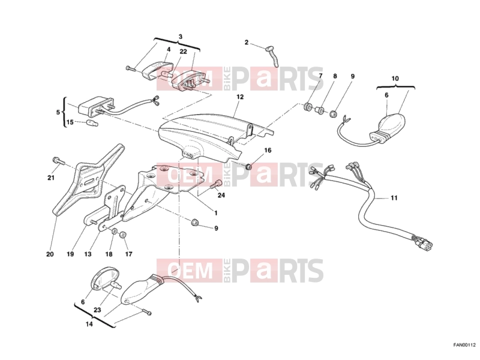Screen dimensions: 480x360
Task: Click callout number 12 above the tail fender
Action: coord(240,97)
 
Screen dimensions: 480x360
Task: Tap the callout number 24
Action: coord(221,194)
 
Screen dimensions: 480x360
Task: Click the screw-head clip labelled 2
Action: coord(272,56)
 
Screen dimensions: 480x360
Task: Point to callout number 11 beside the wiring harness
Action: coord(394,198)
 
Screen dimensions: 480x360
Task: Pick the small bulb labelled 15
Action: coord(92,124)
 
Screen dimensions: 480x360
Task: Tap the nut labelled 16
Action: coord(249,167)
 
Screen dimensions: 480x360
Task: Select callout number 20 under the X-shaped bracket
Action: coord(50,254)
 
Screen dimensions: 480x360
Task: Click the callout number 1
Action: coord(216,213)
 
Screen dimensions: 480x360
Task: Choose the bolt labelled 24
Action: coord(217,184)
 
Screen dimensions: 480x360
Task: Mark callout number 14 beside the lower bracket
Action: coord(89,324)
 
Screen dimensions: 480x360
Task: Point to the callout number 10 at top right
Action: coord(395,79)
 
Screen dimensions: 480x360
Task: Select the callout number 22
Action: coord(183,52)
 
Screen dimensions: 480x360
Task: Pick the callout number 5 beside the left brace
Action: coord(58,112)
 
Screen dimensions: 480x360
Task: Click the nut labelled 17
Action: coord(123,235)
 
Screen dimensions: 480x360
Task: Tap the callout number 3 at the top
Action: coord(181,37)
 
